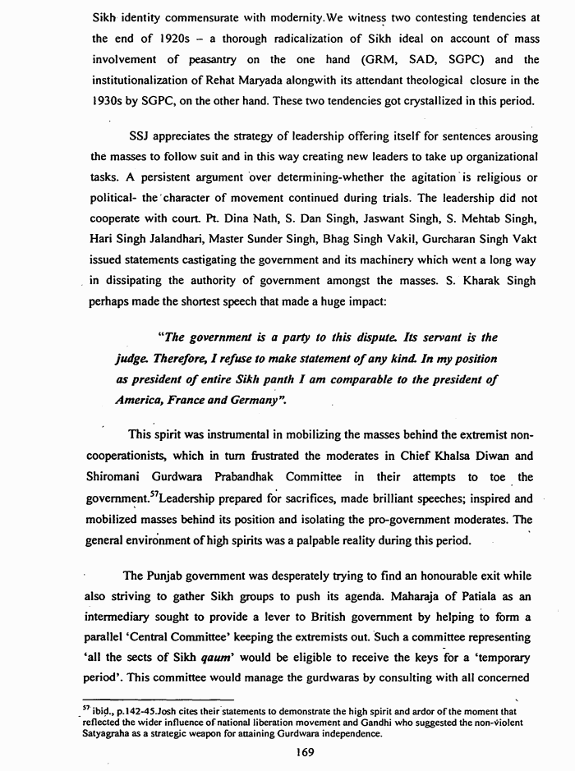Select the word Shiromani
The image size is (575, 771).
(118, 478)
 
